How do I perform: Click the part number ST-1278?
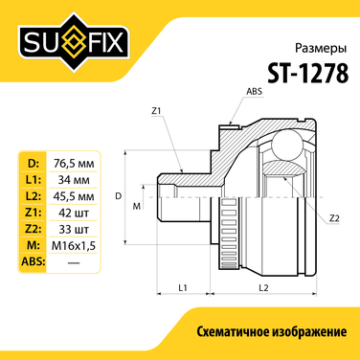[308, 73]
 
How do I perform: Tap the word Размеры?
[321, 49]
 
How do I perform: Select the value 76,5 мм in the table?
[74, 164]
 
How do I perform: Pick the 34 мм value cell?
[74, 180]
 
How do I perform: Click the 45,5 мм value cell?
[74, 196]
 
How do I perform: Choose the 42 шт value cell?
[74, 213]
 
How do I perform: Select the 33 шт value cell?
[74, 229]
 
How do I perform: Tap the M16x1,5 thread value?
[74, 245]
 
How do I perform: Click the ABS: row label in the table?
[34, 261]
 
